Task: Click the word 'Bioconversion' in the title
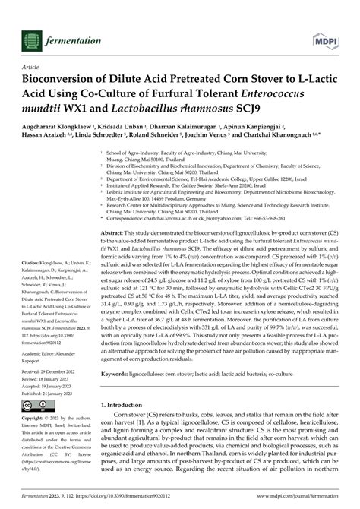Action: [x=65, y=81]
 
